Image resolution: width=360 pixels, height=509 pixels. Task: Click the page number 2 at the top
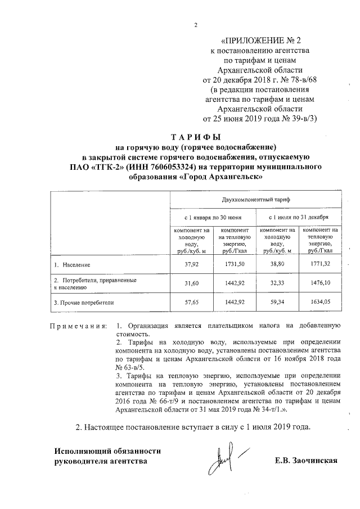point(196,25)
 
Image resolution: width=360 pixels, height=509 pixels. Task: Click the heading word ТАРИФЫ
point(196,137)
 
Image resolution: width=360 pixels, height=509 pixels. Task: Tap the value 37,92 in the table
point(192,264)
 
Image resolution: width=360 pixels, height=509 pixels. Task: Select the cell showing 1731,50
point(235,264)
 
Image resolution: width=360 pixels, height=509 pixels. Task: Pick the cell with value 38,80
point(277,264)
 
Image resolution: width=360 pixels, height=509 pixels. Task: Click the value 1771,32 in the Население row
point(319,264)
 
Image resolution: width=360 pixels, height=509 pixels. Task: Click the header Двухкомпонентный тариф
point(255,200)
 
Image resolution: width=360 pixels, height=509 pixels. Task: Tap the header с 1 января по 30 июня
point(214,217)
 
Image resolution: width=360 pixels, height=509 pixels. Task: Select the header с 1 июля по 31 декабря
point(299,217)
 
